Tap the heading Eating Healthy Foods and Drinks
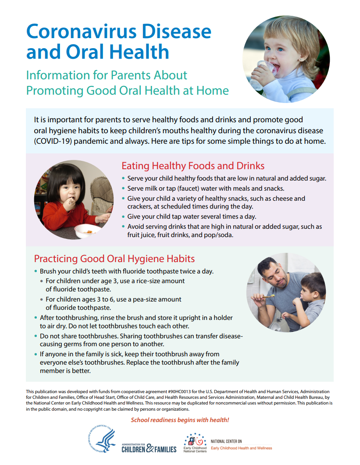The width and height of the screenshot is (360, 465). click(x=193, y=166)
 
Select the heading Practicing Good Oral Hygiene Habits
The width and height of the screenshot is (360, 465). click(x=114, y=259)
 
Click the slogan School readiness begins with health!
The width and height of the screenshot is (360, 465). click(x=180, y=420)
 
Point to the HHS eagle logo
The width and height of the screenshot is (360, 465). click(x=102, y=440)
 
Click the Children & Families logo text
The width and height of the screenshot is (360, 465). click(x=149, y=448)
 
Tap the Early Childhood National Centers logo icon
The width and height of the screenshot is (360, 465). click(x=195, y=440)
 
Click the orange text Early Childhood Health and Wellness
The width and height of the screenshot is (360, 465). click(x=241, y=448)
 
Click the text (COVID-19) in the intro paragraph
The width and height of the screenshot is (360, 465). click(x=53, y=142)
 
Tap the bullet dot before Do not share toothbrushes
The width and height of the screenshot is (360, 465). click(x=36, y=336)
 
